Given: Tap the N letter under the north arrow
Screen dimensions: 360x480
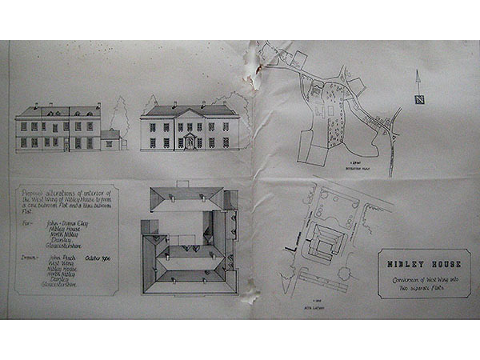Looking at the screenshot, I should pos(418,99).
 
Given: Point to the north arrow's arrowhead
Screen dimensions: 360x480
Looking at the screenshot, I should pos(418,75).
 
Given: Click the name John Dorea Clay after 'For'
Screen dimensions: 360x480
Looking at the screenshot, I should pos(65,218).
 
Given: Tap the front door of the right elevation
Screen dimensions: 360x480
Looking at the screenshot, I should pos(190,142).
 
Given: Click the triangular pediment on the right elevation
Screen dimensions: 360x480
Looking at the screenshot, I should pos(190,119).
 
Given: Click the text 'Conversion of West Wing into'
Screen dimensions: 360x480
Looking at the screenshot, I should pos(423,278).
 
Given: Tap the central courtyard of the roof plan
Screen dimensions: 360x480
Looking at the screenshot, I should pos(189,240).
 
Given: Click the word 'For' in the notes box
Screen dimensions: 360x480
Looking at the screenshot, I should pos(30,218).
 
